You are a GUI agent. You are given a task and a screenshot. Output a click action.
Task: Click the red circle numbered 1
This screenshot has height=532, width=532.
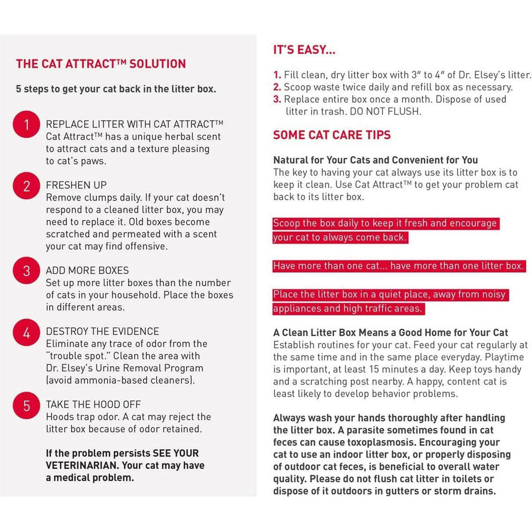27,125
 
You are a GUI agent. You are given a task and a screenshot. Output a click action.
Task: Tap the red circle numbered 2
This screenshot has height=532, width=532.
27,186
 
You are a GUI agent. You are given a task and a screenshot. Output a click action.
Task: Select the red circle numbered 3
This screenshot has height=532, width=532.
27,270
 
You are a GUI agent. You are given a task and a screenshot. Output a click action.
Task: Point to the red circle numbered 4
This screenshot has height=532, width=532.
27,332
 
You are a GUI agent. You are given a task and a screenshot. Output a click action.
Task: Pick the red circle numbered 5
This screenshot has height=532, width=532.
27,405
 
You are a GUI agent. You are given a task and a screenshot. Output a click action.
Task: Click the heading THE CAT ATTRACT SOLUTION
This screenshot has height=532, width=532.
101,64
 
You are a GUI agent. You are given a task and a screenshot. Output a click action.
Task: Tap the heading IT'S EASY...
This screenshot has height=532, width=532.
304,50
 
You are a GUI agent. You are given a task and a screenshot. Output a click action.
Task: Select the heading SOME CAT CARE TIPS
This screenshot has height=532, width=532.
332,135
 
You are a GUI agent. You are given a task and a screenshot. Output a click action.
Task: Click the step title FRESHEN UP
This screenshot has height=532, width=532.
76,185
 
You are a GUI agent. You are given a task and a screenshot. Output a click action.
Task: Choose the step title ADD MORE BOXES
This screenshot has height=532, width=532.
87,270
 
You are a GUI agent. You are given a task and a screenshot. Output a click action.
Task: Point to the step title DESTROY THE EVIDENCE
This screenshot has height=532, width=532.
102,331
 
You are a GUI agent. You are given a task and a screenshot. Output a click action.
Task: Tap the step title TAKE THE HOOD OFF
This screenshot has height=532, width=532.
93,404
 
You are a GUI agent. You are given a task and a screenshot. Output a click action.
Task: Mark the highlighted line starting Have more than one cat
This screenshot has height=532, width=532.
399,266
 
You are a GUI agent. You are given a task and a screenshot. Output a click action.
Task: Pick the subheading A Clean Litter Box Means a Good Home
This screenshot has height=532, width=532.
391,332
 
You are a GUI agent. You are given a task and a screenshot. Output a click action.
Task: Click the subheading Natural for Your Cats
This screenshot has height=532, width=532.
376,160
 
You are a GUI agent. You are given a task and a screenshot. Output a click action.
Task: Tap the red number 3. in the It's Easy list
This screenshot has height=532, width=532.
277,99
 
